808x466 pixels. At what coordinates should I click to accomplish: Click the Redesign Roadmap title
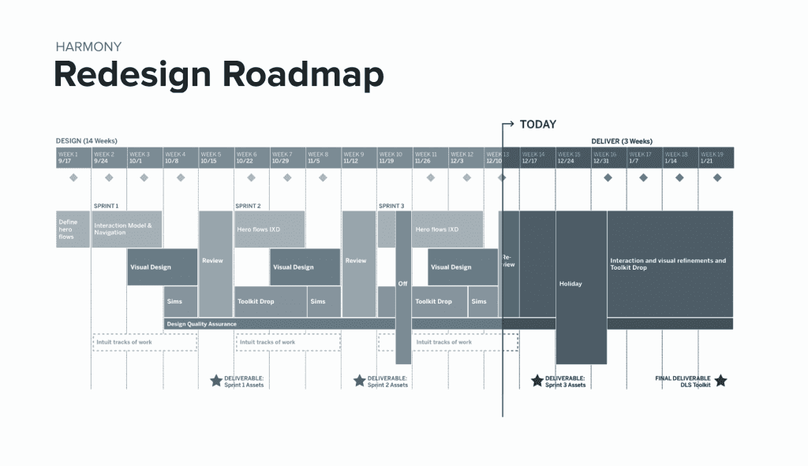click(x=219, y=75)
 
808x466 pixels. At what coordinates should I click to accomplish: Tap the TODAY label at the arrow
click(x=538, y=124)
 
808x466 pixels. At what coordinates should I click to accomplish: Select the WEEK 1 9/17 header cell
click(x=73, y=158)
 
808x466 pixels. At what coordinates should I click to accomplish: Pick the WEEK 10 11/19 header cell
click(x=394, y=158)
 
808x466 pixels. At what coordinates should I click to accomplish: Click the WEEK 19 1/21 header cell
click(x=716, y=158)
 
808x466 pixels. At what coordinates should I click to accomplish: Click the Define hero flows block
click(x=73, y=229)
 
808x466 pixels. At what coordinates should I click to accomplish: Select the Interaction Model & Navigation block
click(x=126, y=229)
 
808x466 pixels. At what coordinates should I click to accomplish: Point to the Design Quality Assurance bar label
click(x=202, y=324)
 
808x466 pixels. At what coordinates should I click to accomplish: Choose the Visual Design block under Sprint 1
click(x=162, y=267)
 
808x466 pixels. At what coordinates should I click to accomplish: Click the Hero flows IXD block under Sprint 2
click(x=269, y=229)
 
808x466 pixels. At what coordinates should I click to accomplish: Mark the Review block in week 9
click(x=358, y=261)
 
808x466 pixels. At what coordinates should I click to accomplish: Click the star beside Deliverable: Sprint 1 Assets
click(x=216, y=381)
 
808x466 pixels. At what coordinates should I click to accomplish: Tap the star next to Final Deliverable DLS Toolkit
click(x=720, y=381)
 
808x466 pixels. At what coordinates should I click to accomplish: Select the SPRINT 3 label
click(x=391, y=206)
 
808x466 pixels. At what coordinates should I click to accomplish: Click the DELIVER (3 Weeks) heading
click(x=622, y=141)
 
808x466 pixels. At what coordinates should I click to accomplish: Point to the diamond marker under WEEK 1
click(x=73, y=178)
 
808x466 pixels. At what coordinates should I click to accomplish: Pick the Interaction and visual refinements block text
click(x=668, y=263)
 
